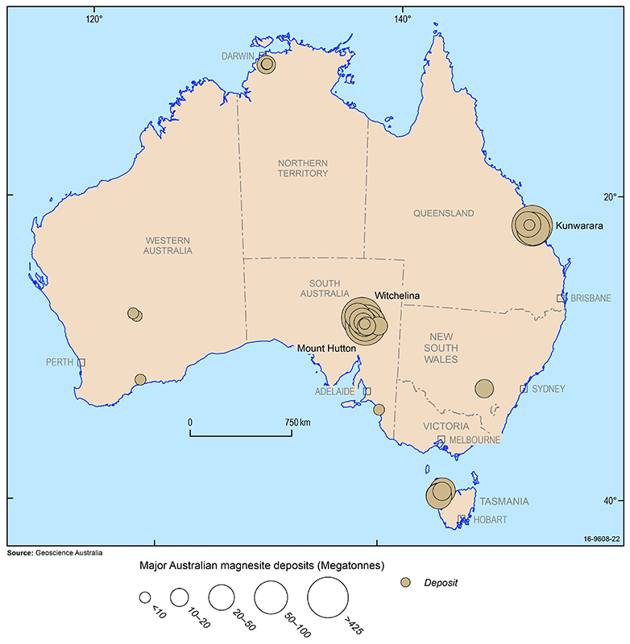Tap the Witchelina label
[x=397, y=296]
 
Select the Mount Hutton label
[x=326, y=349]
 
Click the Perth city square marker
[x=81, y=362]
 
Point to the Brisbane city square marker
[x=561, y=298]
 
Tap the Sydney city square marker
[x=524, y=389]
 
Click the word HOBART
[x=490, y=519]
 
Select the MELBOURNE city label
[x=475, y=440]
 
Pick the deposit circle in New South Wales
[x=484, y=389]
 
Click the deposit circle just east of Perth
[x=140, y=379]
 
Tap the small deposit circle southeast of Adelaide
[x=379, y=409]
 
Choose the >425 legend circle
[x=325, y=597]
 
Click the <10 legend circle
[x=145, y=597]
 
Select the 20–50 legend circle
[x=222, y=597]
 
